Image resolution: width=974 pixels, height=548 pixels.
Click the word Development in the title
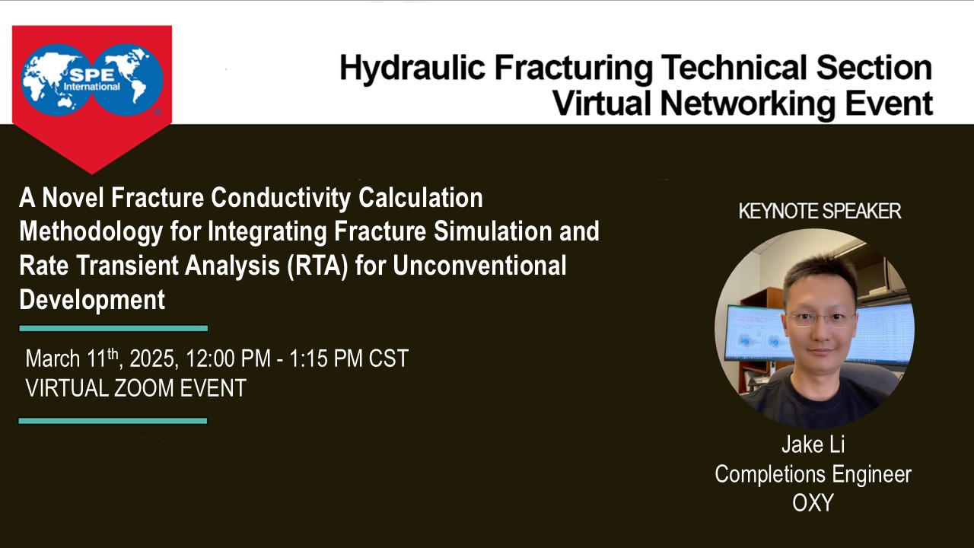coord(91,300)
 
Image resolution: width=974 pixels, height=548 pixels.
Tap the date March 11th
coord(70,358)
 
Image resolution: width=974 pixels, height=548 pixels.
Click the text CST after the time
coord(388,358)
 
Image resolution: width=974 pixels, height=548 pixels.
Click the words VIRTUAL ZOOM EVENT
coord(135,388)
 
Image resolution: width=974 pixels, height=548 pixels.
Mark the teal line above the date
coord(113,329)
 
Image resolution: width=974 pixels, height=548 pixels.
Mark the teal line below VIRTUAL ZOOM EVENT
coord(113,421)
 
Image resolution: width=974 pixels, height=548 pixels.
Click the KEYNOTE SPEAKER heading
coord(820,211)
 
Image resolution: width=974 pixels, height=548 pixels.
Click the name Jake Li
coord(813,445)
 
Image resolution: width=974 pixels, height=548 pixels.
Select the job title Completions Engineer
coord(813,474)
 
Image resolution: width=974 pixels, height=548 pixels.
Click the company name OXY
coord(813,503)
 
